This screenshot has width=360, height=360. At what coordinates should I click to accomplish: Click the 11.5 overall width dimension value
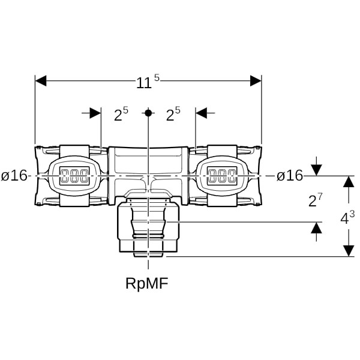[x=148, y=82]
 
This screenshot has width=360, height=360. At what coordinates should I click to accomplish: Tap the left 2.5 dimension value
[x=121, y=114]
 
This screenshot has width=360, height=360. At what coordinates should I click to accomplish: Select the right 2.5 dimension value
[x=173, y=114]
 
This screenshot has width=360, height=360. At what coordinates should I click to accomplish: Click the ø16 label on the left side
[x=14, y=176]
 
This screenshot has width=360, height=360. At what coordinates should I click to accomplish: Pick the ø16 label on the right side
[x=290, y=176]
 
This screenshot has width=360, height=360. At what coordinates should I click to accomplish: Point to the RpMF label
[x=147, y=283]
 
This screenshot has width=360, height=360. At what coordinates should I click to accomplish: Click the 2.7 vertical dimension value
[x=316, y=200]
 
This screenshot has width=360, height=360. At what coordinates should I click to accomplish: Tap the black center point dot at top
[x=148, y=113]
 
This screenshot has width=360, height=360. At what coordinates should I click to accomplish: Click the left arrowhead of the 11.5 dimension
[x=41, y=81]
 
